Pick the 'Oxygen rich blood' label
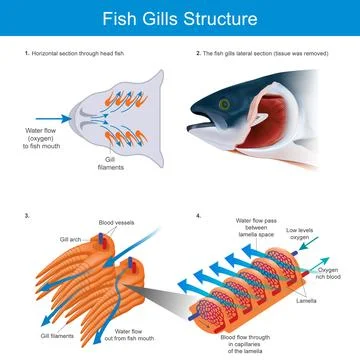[x=334, y=274]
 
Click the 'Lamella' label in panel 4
[x=308, y=300]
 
